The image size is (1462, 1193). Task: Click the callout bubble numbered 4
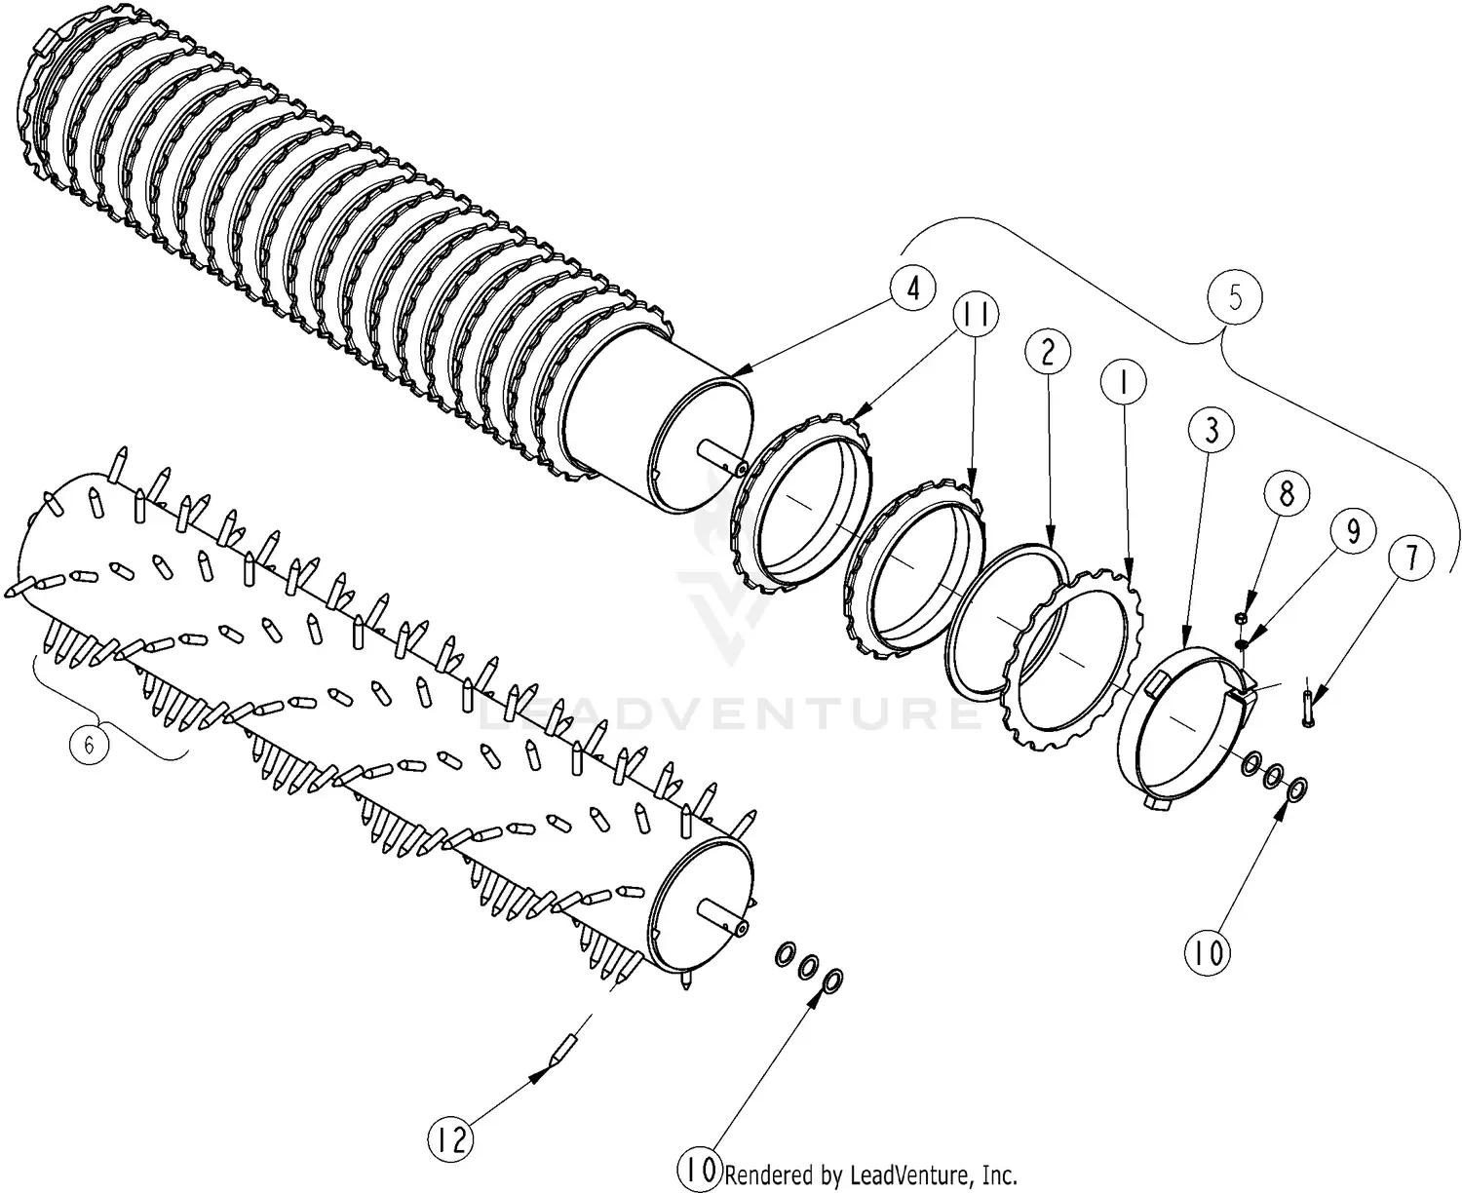(x=911, y=289)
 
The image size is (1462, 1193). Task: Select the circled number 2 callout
(x=1047, y=353)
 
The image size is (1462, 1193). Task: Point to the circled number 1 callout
(x=1123, y=384)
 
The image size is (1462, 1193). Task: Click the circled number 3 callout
(x=1211, y=431)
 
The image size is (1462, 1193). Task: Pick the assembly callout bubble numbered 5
(x=1235, y=298)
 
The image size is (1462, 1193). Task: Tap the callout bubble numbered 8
(x=1287, y=494)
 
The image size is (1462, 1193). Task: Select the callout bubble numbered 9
(x=1353, y=531)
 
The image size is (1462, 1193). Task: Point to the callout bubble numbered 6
(x=89, y=746)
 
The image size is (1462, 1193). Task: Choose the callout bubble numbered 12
(x=450, y=1139)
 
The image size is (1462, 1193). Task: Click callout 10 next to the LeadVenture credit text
(x=701, y=1171)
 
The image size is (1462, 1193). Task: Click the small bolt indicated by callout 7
(x=1306, y=705)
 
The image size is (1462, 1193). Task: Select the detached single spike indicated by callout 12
(x=563, y=1053)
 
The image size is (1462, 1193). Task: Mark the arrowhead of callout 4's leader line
(x=732, y=372)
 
